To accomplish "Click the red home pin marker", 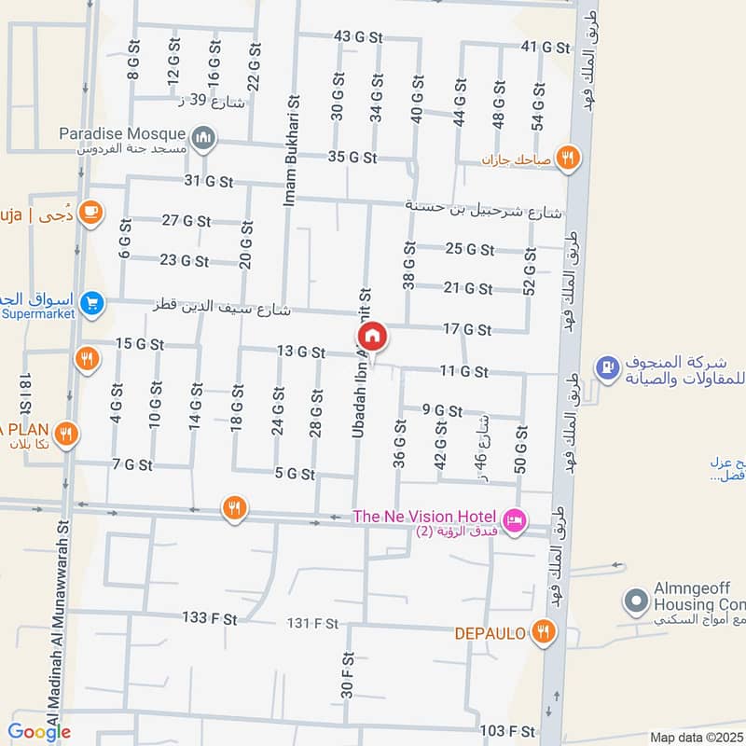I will coord(371,337).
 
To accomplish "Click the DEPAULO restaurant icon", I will coord(544,633).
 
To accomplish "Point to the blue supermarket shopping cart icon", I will coord(90,303).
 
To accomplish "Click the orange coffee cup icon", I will coord(90,213).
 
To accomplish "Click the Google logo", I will coord(39,732).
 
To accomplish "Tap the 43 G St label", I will coord(359,37).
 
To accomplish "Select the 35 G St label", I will coord(352,157).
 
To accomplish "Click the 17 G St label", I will coord(467,329).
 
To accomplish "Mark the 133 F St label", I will coord(210,618).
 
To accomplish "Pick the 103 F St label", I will coord(508,730).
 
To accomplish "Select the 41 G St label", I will coord(544,47).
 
